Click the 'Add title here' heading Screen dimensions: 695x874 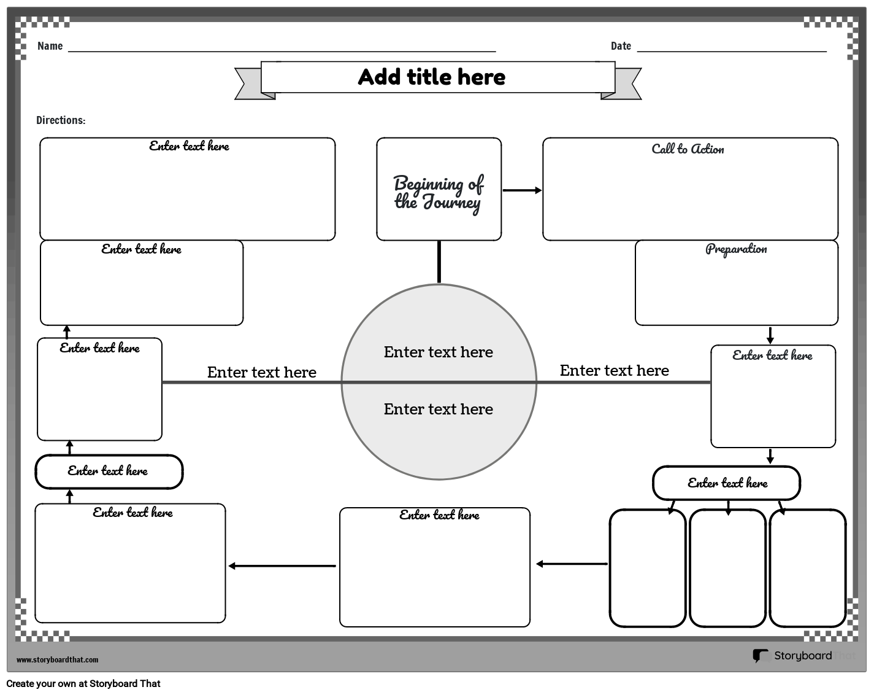pyautogui.click(x=431, y=77)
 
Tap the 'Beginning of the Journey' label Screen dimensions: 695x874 pyautogui.click(x=439, y=193)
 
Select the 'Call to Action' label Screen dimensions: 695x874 pyautogui.click(x=688, y=149)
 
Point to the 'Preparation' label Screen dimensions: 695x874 pyautogui.click(x=736, y=249)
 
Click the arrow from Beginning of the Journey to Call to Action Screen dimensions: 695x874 pyautogui.click(x=522, y=190)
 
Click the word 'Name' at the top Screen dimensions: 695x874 pyautogui.click(x=50, y=46)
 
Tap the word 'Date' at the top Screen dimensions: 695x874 pyautogui.click(x=621, y=46)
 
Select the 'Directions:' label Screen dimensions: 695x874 pyautogui.click(x=61, y=120)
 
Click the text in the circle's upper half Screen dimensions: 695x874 pyautogui.click(x=438, y=352)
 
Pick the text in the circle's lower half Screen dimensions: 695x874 pyautogui.click(x=438, y=410)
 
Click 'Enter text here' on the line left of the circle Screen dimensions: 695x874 pyautogui.click(x=261, y=372)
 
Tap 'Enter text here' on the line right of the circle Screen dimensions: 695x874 pyautogui.click(x=614, y=370)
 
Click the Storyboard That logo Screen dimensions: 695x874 pyautogui.click(x=792, y=656)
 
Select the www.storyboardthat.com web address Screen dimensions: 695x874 pyautogui.click(x=57, y=660)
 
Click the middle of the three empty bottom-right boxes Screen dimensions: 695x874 pyautogui.click(x=727, y=568)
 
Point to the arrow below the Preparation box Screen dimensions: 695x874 pyautogui.click(x=770, y=335)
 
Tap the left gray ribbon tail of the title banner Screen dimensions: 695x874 pyautogui.click(x=249, y=84)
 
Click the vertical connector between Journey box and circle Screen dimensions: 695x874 pyautogui.click(x=439, y=262)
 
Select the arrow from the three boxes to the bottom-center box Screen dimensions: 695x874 pyautogui.click(x=572, y=564)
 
